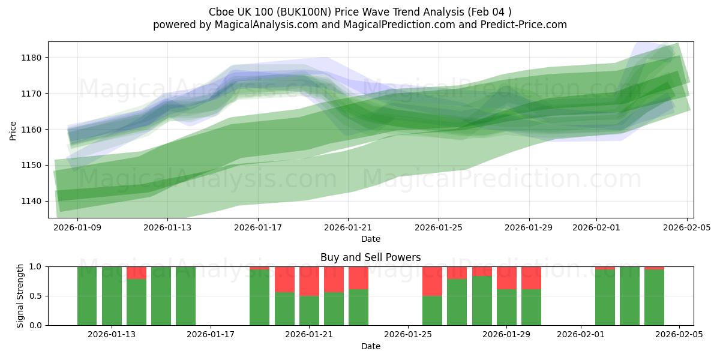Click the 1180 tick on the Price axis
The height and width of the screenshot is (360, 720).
(33, 58)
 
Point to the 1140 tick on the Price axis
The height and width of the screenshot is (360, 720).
(33, 201)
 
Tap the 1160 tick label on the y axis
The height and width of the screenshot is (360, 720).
(33, 130)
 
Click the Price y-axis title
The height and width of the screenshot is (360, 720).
(13, 130)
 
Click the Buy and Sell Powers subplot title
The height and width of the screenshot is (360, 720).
(370, 257)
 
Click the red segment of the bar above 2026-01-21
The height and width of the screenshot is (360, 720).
(309, 281)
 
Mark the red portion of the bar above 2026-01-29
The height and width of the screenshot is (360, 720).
(506, 278)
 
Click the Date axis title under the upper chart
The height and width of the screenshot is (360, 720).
(370, 239)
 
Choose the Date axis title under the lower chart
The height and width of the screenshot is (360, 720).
(370, 346)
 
